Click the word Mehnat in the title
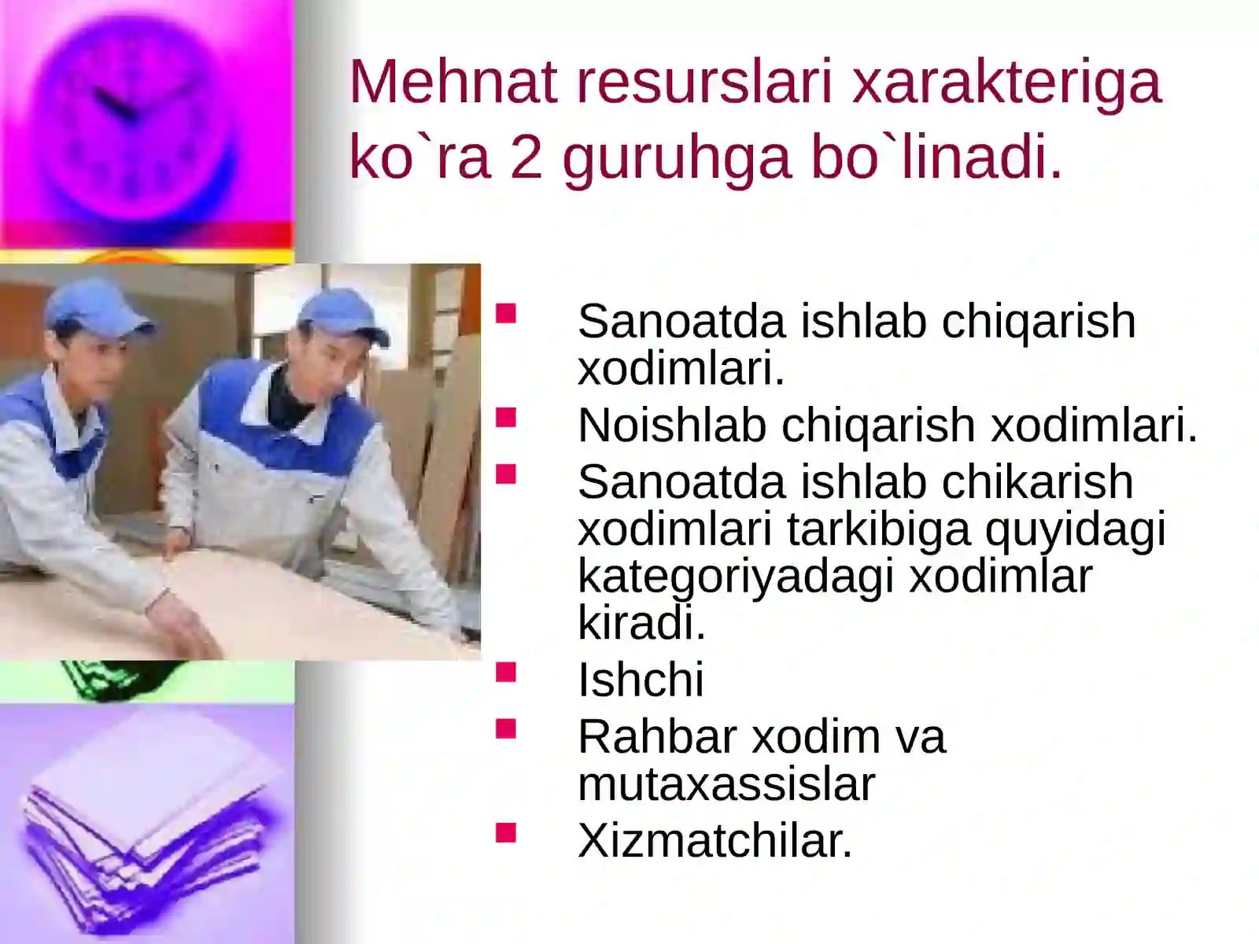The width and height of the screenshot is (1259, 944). tap(453, 82)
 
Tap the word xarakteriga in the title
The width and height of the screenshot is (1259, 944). tap(1006, 82)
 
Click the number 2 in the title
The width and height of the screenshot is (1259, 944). tap(526, 157)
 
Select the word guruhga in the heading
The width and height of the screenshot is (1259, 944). tap(676, 157)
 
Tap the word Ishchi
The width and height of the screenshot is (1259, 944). tap(641, 680)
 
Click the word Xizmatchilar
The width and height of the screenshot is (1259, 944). tap(714, 840)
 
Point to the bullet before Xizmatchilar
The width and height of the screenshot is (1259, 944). tap(506, 832)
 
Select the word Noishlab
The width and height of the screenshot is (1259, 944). tap(671, 425)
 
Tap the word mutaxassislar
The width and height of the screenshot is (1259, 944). tap(725, 784)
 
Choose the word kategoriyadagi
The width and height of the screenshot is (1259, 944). tap(736, 577)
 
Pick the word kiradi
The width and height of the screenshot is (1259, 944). tap(641, 623)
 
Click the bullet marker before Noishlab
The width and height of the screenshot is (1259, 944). tap(506, 416)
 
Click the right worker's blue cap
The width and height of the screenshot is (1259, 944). tap(342, 315)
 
